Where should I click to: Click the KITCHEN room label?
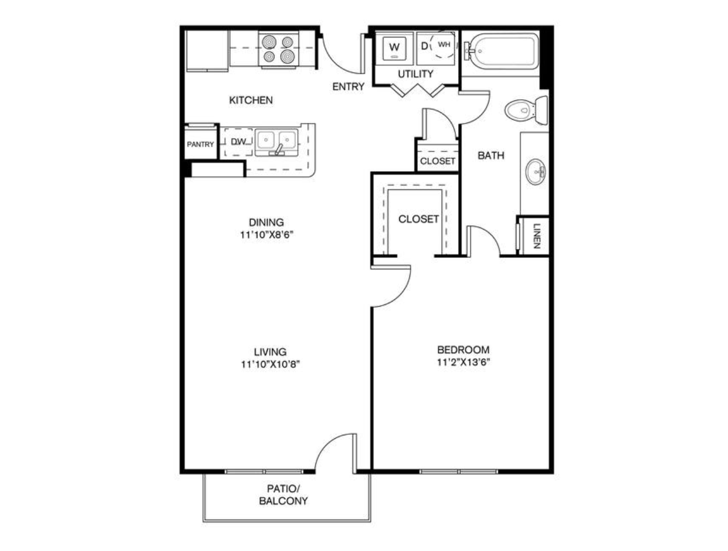pyautogui.click(x=251, y=100)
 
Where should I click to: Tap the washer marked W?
pyautogui.click(x=394, y=48)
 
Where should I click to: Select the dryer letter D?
pyautogui.click(x=424, y=46)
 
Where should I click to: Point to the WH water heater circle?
pyautogui.click(x=443, y=45)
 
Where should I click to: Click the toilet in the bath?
pyautogui.click(x=526, y=110)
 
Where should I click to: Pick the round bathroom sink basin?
pyautogui.click(x=535, y=172)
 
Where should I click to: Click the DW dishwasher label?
pyautogui.click(x=239, y=142)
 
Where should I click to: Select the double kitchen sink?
pyautogui.click(x=276, y=142)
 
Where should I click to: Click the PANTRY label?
pyautogui.click(x=200, y=144)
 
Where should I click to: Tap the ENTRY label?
pyautogui.click(x=348, y=87)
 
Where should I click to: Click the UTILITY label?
pyautogui.click(x=416, y=74)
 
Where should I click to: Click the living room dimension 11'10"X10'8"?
pyautogui.click(x=270, y=364)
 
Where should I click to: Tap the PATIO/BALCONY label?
pyautogui.click(x=283, y=495)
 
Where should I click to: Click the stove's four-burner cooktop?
pyautogui.click(x=278, y=49)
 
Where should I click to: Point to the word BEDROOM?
pyautogui.click(x=463, y=349)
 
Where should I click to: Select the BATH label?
pyautogui.click(x=491, y=155)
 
